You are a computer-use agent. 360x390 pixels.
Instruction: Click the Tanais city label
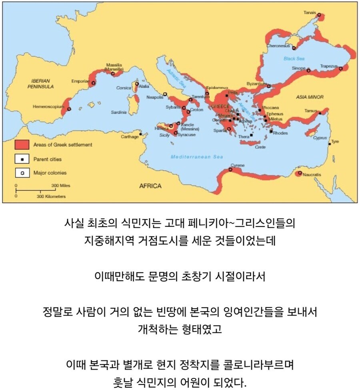tap(310, 12)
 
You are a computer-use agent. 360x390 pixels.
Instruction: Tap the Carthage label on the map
tap(130, 137)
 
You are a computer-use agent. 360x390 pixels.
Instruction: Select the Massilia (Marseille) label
tap(114, 67)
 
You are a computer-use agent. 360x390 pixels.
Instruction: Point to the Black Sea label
tap(294, 58)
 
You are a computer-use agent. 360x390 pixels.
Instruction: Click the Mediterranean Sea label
tap(197, 157)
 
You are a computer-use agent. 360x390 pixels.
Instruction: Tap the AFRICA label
tap(150, 186)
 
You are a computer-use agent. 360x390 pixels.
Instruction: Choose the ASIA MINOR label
tap(310, 97)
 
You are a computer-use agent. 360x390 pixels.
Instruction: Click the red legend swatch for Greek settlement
tap(22, 145)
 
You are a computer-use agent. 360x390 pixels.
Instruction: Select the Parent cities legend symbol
tap(22, 159)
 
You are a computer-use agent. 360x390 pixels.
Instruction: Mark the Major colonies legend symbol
tap(22, 173)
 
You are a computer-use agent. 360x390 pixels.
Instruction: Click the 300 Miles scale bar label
tap(60, 186)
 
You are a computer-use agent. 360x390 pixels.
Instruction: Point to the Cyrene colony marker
tap(230, 170)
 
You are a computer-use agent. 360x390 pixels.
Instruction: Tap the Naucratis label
tap(312, 175)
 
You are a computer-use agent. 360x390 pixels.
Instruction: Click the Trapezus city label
tap(329, 66)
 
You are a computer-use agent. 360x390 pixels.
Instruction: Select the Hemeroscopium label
tap(49, 107)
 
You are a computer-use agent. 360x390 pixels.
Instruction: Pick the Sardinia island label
tap(119, 113)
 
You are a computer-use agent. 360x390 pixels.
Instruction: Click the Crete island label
tap(260, 147)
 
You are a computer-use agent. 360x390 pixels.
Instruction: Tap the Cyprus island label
tap(320, 138)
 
